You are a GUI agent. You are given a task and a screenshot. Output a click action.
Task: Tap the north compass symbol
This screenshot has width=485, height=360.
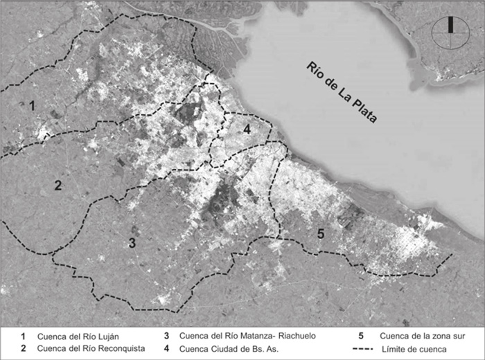(x=450, y=33)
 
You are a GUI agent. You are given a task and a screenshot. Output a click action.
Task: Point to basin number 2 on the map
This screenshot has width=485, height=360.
(x=58, y=185)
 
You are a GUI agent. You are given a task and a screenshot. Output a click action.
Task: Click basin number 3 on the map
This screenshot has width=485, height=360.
(x=132, y=242)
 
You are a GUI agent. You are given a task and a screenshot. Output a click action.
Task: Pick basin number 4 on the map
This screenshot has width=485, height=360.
(x=246, y=129)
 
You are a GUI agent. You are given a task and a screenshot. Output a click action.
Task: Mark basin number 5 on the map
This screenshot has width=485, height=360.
(x=320, y=233)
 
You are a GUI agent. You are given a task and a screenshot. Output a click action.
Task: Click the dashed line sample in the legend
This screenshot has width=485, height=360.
(x=365, y=348)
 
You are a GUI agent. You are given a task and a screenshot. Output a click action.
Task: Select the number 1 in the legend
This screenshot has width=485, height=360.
(x=23, y=336)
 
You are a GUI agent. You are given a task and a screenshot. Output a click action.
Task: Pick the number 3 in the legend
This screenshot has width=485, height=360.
(x=167, y=336)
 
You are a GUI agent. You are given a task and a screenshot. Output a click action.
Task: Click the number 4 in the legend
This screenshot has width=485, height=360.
(x=167, y=348)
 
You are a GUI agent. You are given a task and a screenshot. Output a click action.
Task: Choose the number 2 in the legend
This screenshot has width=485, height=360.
(x=23, y=348)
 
